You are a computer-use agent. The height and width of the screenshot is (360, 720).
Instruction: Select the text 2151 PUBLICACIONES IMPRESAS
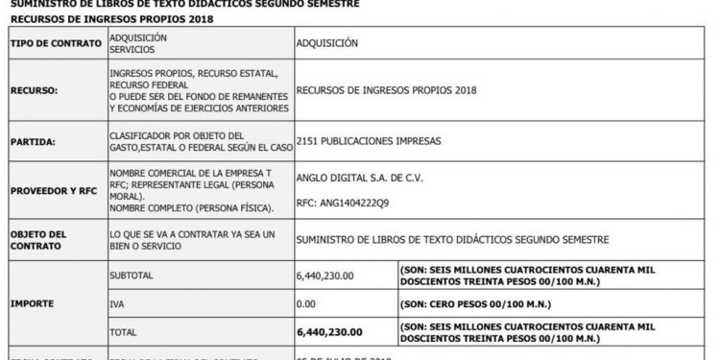coord(369,140)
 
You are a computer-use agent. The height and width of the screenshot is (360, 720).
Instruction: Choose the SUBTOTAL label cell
coord(132,275)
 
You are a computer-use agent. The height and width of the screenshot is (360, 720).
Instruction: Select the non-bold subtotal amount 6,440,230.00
coord(325,275)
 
